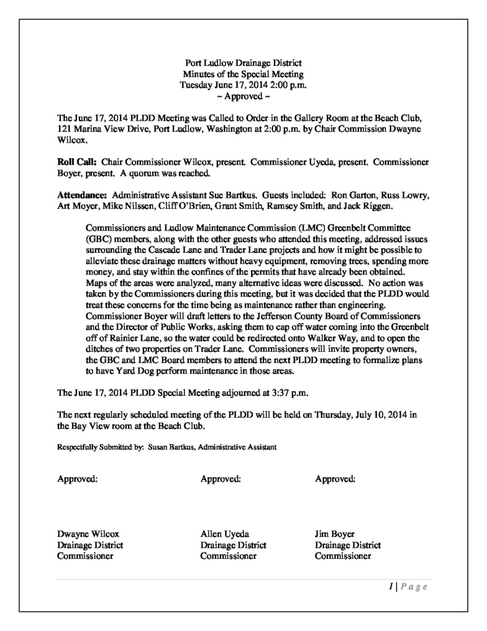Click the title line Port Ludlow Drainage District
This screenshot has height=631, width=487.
coord(243,63)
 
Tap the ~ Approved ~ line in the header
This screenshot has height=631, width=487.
coord(243,97)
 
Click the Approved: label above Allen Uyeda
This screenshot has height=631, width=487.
coord(220,478)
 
